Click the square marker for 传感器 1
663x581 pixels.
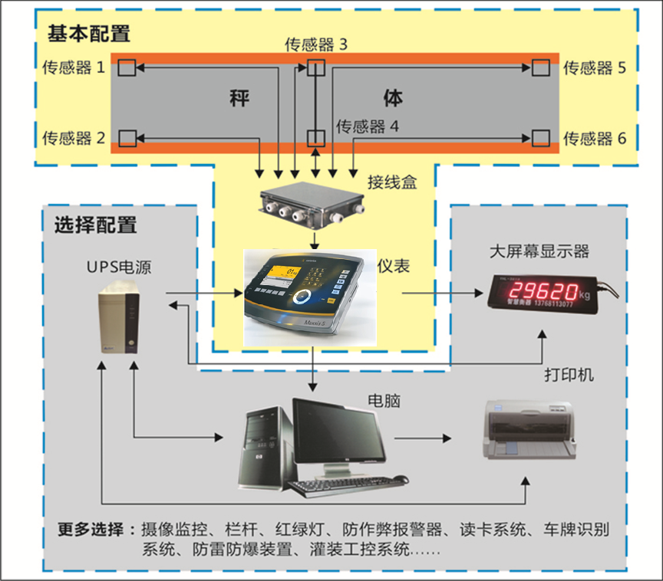(x=127, y=68)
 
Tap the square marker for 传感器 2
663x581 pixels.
(x=127, y=138)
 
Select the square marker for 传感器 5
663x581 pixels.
(x=541, y=67)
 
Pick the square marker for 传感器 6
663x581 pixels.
(x=541, y=138)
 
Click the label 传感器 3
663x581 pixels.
(x=316, y=44)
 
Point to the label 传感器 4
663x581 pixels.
(x=368, y=126)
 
